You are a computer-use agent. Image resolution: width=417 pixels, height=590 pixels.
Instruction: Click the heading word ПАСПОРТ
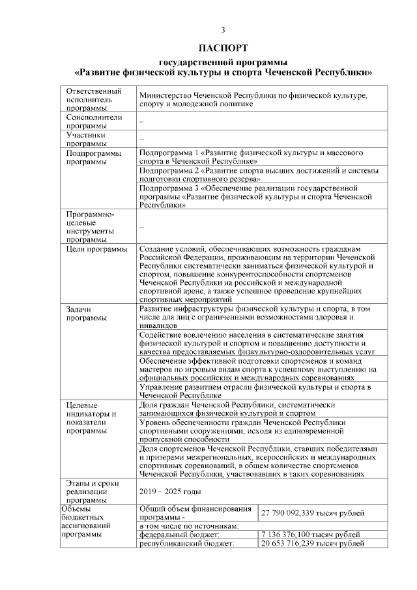(223, 48)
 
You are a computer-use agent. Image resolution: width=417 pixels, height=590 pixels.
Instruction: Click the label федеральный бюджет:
(172, 535)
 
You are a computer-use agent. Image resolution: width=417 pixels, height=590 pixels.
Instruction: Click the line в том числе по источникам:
(190, 525)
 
